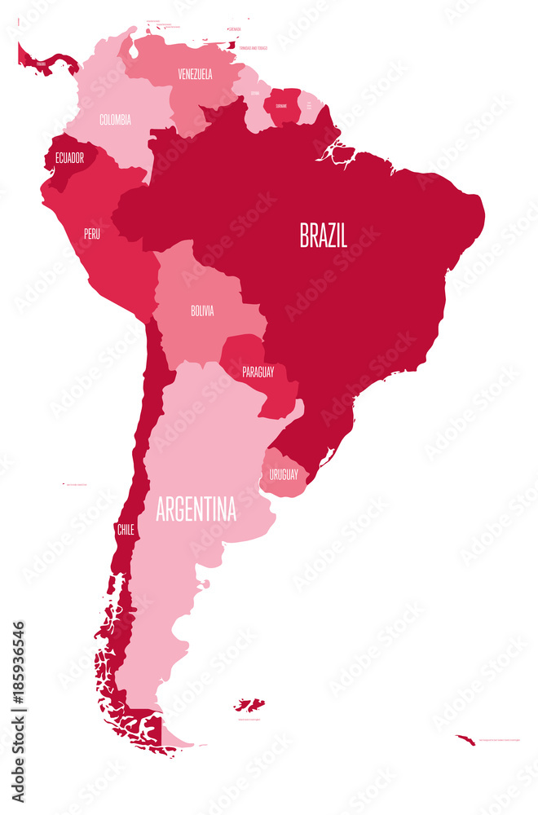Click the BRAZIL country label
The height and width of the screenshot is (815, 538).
click(x=324, y=236)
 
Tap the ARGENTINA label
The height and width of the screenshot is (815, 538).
click(x=196, y=510)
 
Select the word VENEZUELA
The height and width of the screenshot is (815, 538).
click(x=195, y=74)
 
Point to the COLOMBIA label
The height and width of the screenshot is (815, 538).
click(x=115, y=120)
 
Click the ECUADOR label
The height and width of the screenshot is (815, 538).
click(x=69, y=158)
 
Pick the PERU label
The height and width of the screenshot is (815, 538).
click(x=92, y=233)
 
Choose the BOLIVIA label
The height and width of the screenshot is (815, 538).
click(x=202, y=311)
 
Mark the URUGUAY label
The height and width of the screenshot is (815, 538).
click(x=284, y=474)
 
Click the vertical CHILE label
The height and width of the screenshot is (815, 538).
click(x=125, y=529)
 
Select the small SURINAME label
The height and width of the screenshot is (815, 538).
click(x=281, y=106)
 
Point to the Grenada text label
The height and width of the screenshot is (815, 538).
click(x=236, y=29)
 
